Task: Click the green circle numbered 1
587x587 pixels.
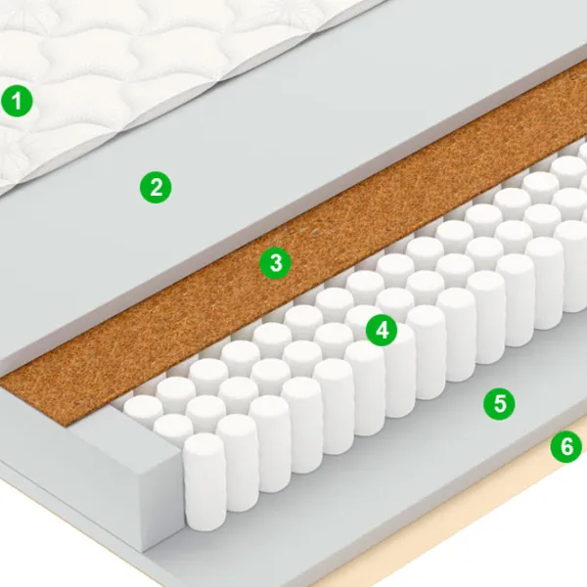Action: (x=17, y=101)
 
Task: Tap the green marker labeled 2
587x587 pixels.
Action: (x=156, y=187)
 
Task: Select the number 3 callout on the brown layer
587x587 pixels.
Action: (x=276, y=263)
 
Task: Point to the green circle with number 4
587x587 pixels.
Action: (x=382, y=331)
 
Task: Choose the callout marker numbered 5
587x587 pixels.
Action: (x=499, y=404)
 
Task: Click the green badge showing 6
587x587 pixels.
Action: (x=566, y=446)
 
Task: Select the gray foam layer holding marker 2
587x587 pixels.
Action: (x=262, y=168)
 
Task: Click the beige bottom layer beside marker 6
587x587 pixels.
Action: (x=486, y=524)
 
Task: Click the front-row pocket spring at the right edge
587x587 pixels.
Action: (x=572, y=266)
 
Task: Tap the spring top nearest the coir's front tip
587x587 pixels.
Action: (x=142, y=406)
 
